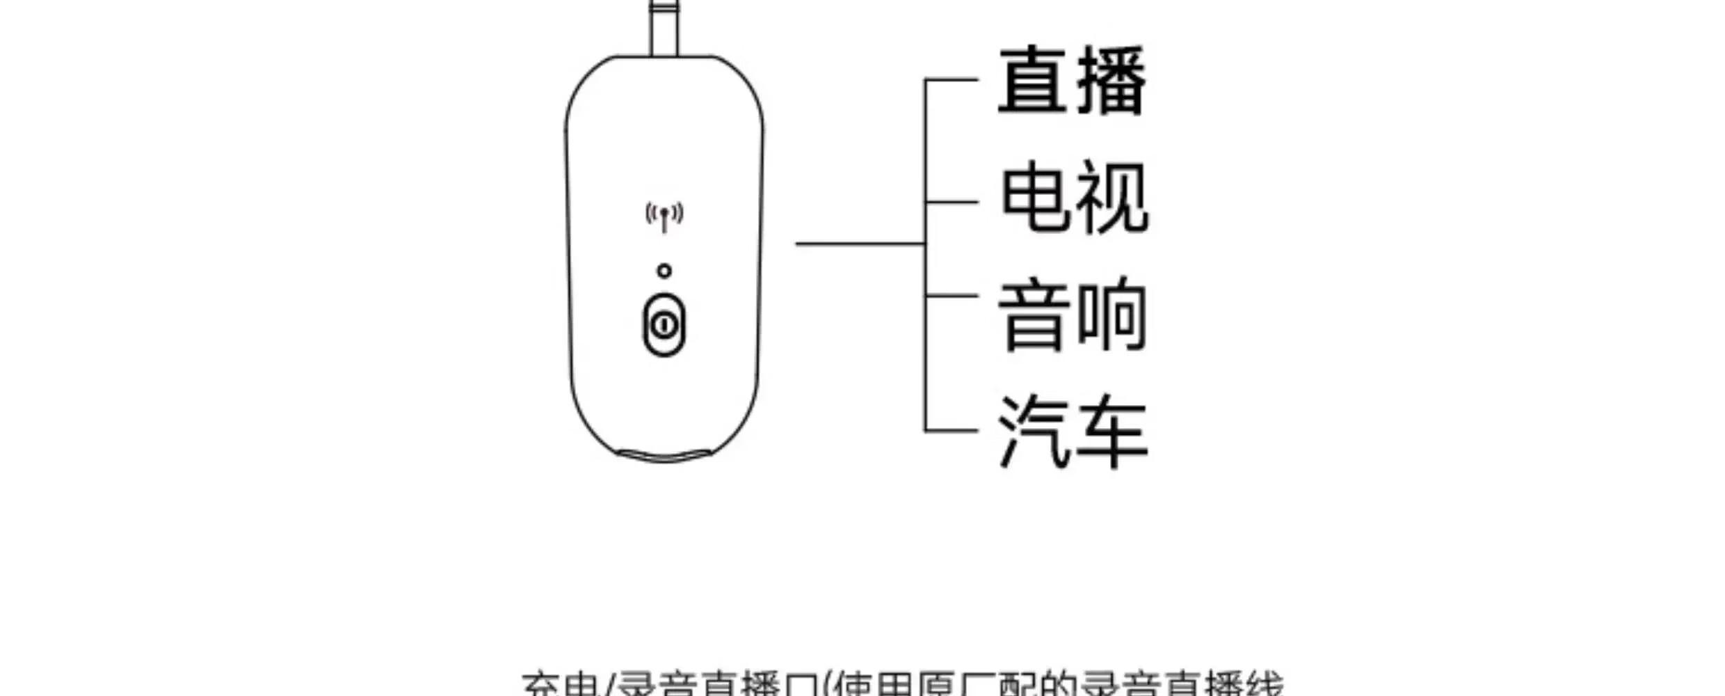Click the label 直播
coord(1073,81)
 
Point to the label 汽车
coord(1073,432)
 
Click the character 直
coord(1034,81)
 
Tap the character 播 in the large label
coord(1112,81)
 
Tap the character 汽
coord(1034,432)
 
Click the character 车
coord(1112,432)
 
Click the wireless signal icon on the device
coord(664,216)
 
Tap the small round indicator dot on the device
coord(664,271)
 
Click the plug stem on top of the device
coord(664,28)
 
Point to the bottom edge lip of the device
coord(665,457)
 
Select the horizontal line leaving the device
coord(860,244)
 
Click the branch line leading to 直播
coord(952,80)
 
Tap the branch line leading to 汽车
coord(952,431)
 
